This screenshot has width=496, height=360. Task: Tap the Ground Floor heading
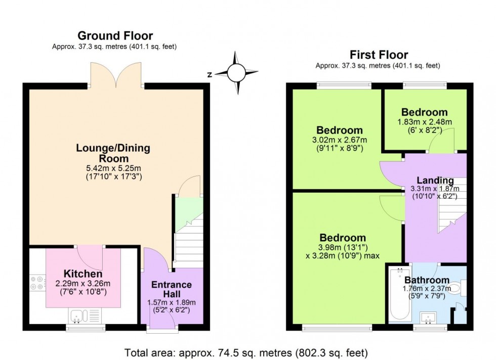click(x=115, y=36)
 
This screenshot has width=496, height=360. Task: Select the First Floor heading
click(x=379, y=55)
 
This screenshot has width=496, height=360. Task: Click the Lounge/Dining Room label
click(x=113, y=153)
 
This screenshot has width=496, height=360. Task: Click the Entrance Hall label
click(x=172, y=289)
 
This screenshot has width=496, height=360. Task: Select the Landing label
click(x=435, y=181)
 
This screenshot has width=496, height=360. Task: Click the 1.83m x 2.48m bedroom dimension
click(x=424, y=122)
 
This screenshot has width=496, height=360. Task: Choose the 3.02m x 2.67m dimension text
click(x=339, y=140)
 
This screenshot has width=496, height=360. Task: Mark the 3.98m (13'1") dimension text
click(x=342, y=247)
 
